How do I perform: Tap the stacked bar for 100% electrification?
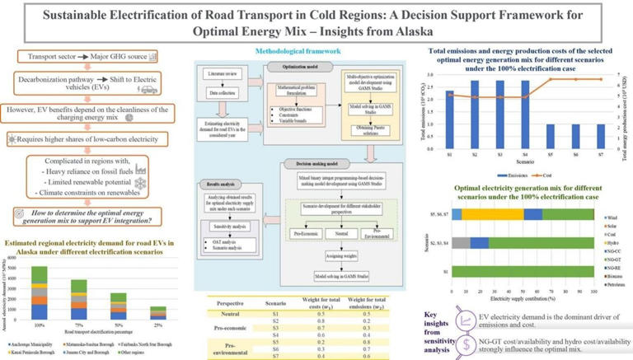coord(40,288)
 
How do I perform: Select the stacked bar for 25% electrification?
coord(160,309)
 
